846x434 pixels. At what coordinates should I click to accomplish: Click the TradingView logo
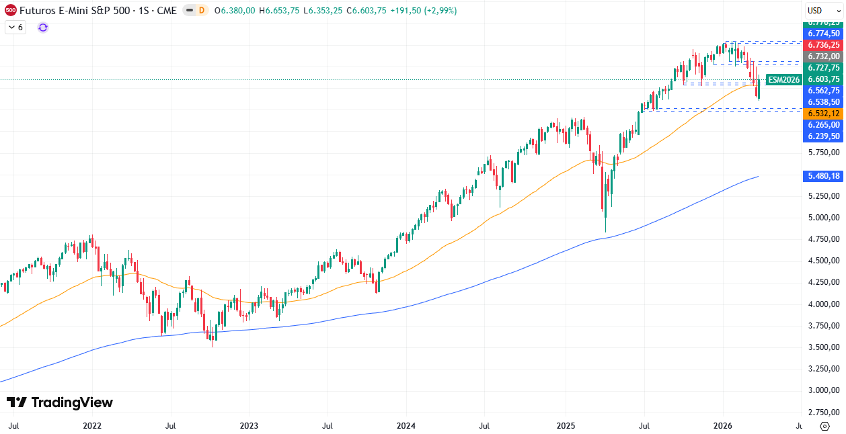coord(59,402)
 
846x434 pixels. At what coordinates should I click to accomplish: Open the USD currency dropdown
coord(823,10)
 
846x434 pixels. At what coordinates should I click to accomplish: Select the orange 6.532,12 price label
coord(823,114)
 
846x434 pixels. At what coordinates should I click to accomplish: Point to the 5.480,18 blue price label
coord(823,176)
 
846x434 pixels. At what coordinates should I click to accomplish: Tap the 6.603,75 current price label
coord(823,79)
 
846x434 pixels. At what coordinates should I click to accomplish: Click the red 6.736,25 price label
coord(823,45)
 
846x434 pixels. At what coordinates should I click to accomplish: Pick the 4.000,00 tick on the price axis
coord(823,304)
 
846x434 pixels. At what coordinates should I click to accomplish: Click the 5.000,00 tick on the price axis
coord(823,218)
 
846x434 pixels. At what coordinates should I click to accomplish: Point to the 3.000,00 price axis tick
coord(823,390)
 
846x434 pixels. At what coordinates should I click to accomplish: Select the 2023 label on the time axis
coord(249,426)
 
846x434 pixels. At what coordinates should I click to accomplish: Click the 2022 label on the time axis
coord(91,426)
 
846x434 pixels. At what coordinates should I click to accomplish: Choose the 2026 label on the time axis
coord(723,426)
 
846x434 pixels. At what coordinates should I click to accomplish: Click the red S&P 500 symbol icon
coord(11,10)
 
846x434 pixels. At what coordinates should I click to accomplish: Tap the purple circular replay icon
coord(43,28)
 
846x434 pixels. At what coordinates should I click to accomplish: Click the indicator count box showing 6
coord(15,28)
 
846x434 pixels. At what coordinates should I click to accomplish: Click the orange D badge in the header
coord(202,11)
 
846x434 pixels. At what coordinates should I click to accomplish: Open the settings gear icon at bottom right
coord(824,426)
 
